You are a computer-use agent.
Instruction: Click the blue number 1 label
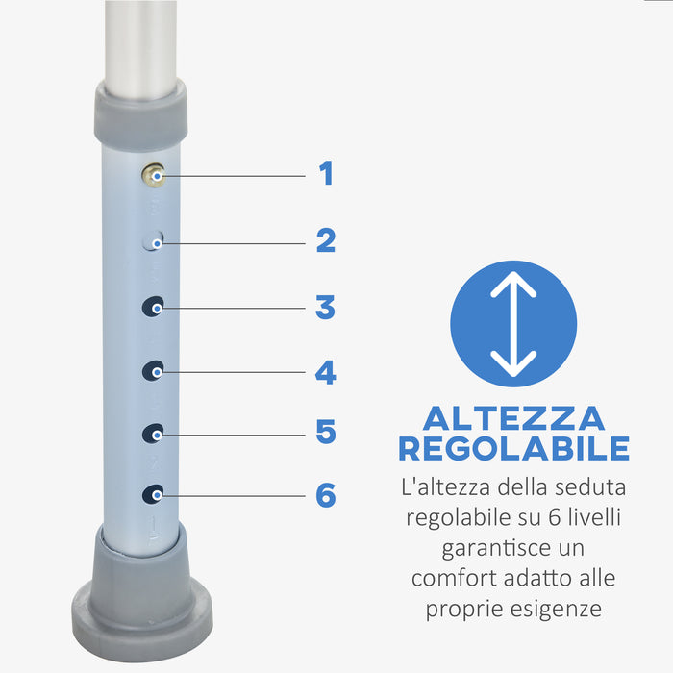pyautogui.click(x=326, y=174)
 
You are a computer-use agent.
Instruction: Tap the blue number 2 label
pyautogui.click(x=326, y=240)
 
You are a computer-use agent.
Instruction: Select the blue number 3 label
pyautogui.click(x=326, y=308)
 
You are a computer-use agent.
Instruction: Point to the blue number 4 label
pyautogui.click(x=326, y=371)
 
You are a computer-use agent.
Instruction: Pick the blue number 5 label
pyautogui.click(x=326, y=433)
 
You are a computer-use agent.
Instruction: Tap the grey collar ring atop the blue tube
pyautogui.click(x=139, y=111)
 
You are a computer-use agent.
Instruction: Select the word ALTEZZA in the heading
pyautogui.click(x=513, y=418)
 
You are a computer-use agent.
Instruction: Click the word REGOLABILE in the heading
pyautogui.click(x=513, y=449)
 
